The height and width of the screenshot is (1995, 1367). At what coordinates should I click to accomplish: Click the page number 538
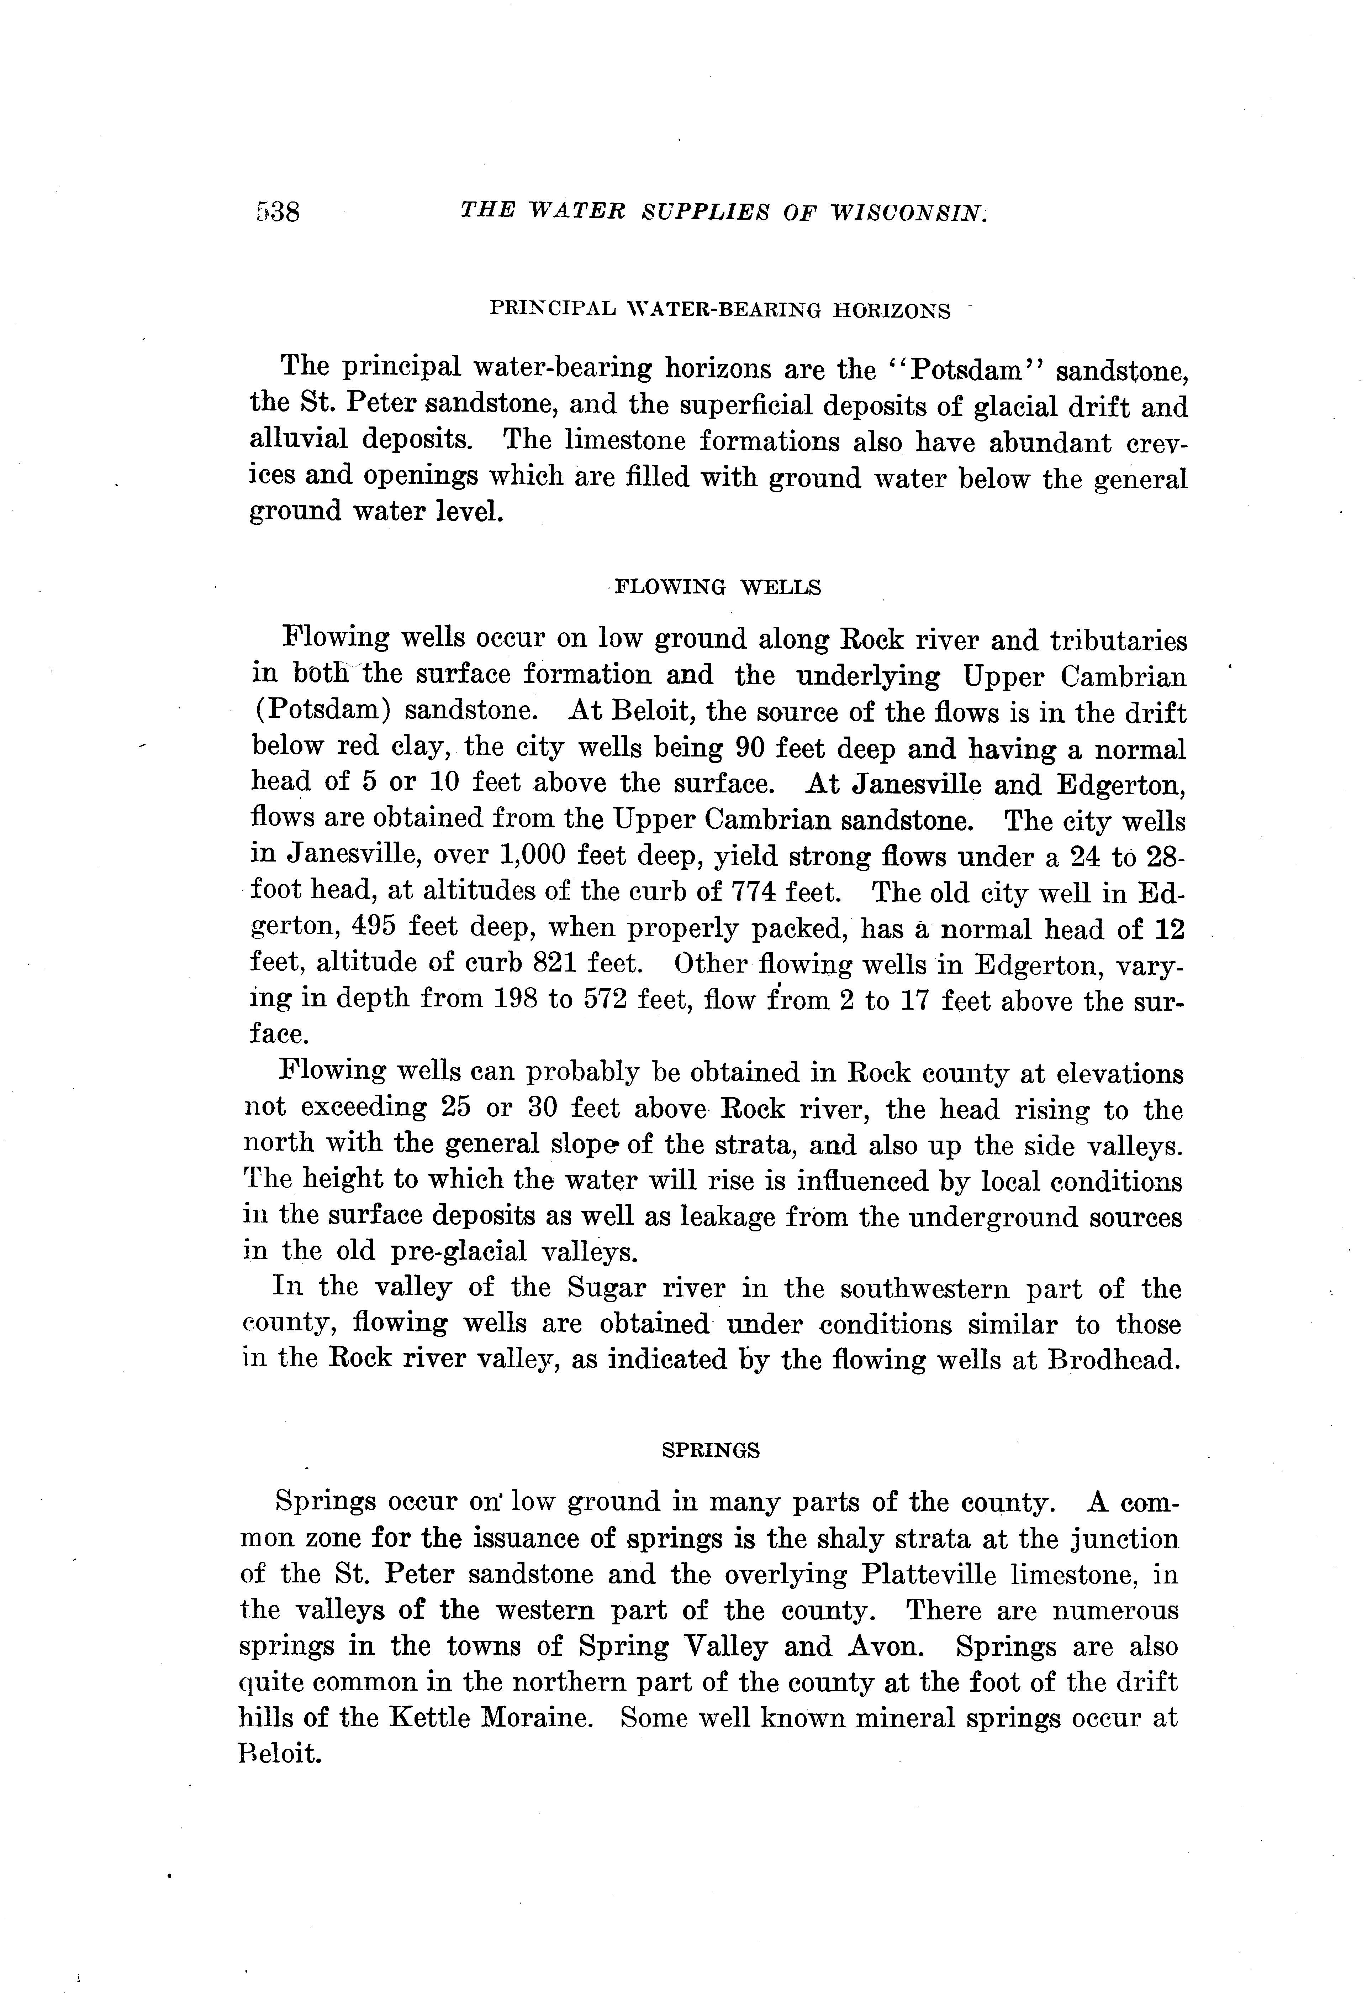tap(276, 211)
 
